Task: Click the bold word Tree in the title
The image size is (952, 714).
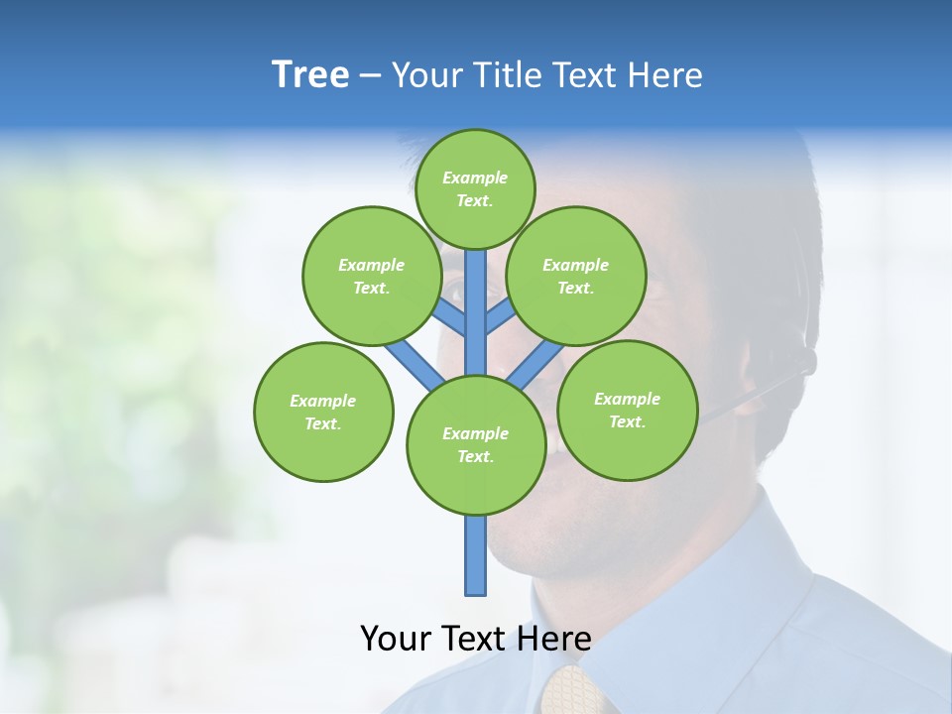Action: pos(310,74)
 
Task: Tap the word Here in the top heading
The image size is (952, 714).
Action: pos(666,75)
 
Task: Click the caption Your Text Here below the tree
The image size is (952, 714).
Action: pos(476,638)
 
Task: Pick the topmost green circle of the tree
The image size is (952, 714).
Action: pos(475,188)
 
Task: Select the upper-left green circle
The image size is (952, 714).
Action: pos(372,276)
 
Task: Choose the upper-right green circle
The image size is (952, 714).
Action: pos(576,276)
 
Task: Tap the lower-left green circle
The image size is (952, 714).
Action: pos(323,412)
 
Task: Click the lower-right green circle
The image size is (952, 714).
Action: pos(627,410)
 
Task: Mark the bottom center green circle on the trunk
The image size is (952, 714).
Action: pos(476,445)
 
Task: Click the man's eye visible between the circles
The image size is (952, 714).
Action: pos(456,294)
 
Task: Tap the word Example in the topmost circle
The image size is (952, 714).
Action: pos(475,178)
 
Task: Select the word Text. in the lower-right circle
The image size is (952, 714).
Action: pos(627,421)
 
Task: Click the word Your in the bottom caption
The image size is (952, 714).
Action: pos(396,638)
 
